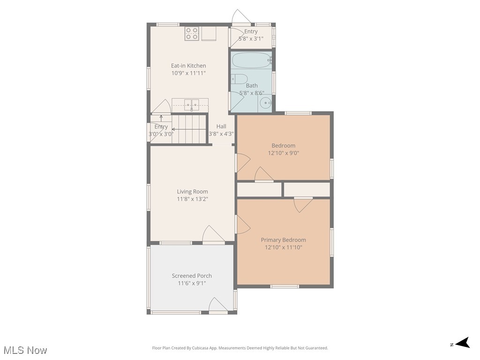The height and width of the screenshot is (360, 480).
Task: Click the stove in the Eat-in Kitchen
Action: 192,34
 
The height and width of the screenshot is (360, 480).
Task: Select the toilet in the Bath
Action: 240,79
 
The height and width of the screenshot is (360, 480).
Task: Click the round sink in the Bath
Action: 266,103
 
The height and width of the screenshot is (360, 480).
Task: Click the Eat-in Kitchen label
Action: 188,66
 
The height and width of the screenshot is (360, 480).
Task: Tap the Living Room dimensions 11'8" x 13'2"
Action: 192,199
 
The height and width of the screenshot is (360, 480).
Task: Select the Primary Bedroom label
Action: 283,240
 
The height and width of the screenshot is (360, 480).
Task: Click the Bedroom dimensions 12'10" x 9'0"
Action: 283,153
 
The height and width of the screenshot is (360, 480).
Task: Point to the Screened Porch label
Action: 192,276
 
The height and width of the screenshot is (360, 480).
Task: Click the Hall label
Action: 221,126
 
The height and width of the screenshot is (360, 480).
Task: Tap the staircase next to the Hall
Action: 189,129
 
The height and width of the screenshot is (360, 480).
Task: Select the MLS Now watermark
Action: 25,350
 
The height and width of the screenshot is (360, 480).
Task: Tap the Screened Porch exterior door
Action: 218,305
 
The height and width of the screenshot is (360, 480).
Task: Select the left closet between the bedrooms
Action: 259,189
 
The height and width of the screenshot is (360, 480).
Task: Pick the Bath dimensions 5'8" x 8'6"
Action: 252,93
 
